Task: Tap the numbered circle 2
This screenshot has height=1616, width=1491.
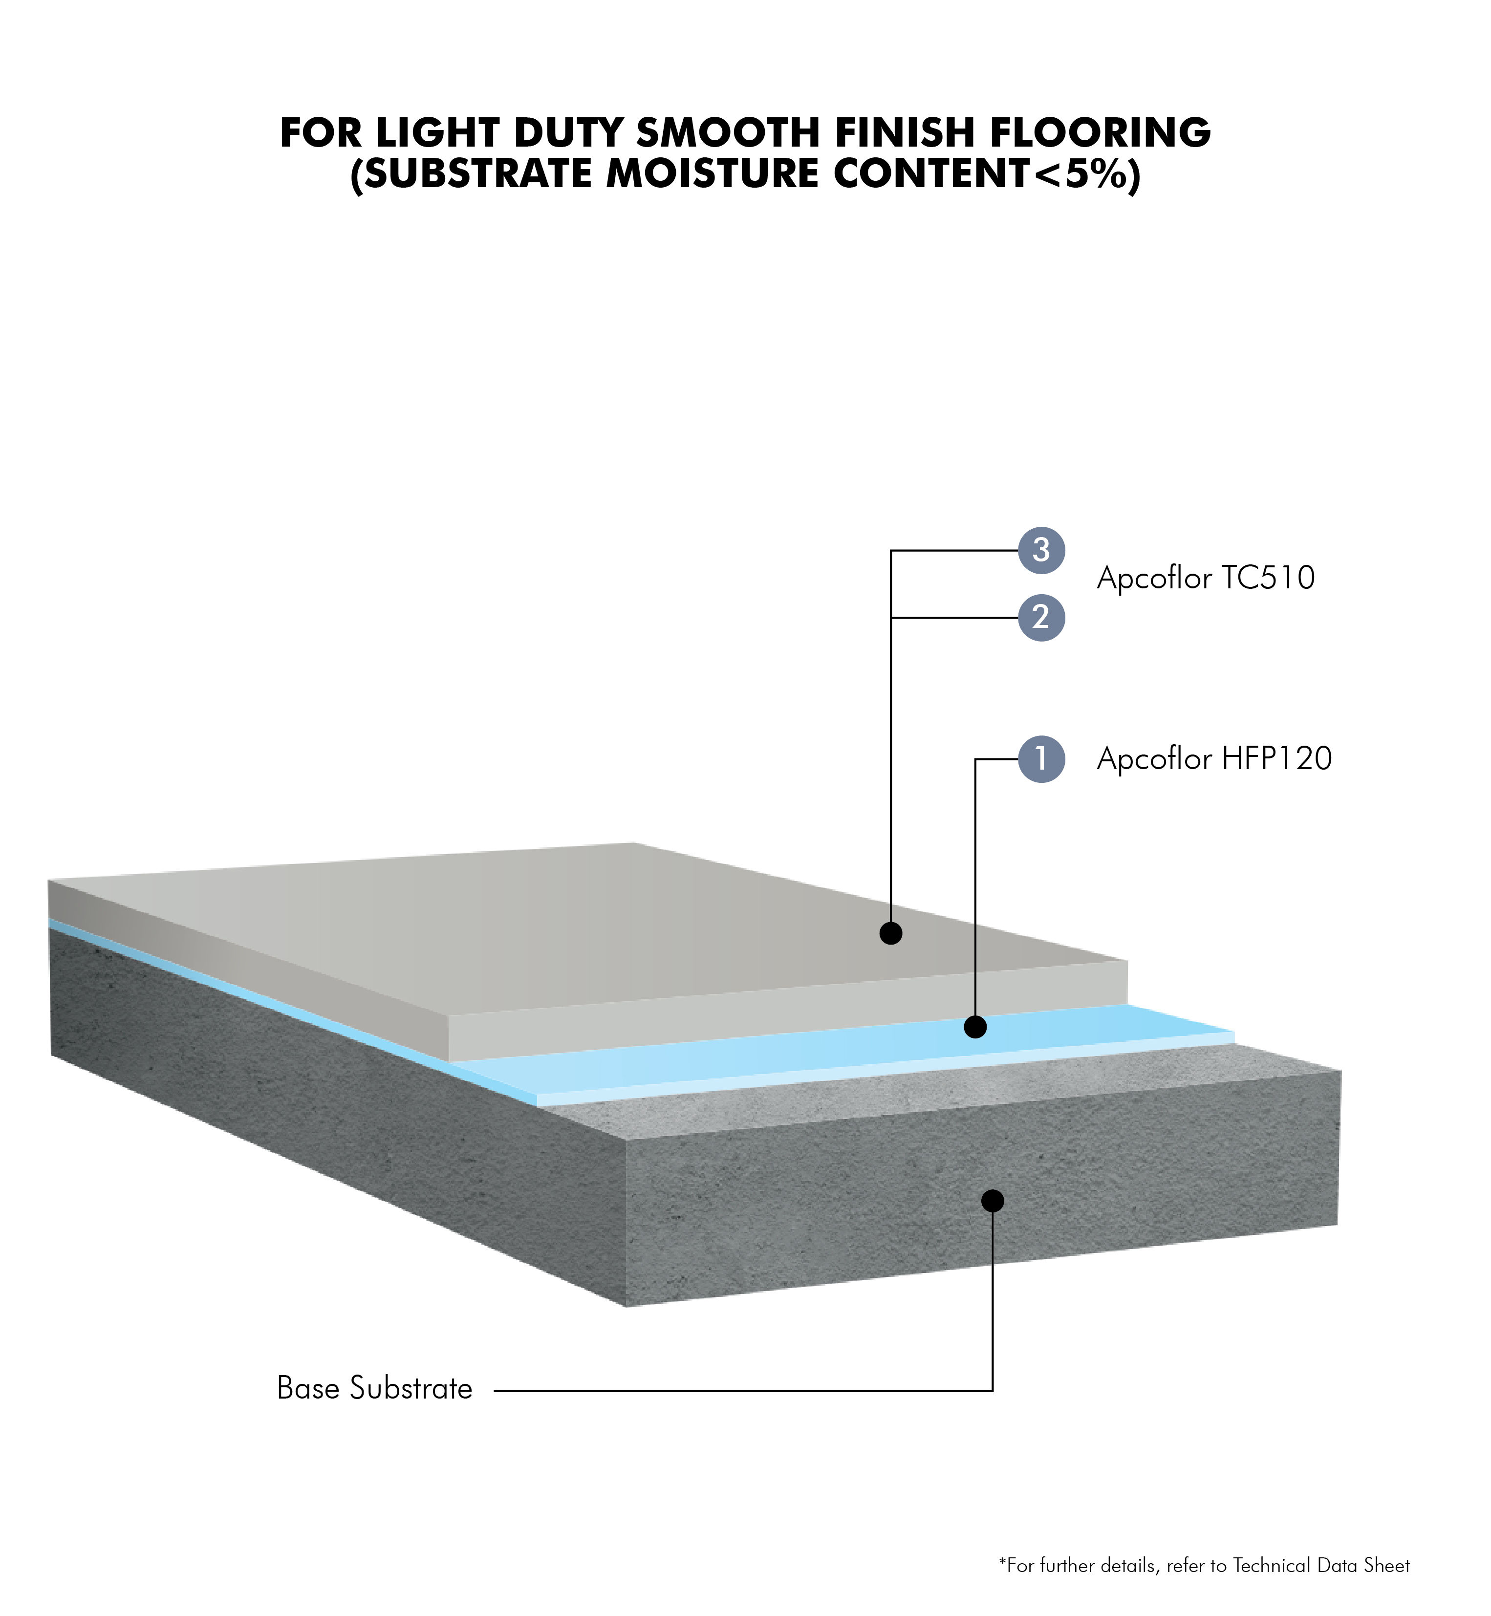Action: tap(1041, 618)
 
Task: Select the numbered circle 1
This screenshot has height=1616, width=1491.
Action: tap(1041, 759)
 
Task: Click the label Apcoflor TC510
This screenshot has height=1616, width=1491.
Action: tap(1206, 579)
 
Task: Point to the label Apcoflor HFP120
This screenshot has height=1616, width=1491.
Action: tap(1214, 759)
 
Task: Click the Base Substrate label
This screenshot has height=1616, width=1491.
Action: tap(374, 1388)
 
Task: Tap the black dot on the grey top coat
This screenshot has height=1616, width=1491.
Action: tap(891, 933)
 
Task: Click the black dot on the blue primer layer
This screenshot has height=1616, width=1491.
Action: tap(975, 1027)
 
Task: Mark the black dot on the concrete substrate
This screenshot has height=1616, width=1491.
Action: tap(993, 1201)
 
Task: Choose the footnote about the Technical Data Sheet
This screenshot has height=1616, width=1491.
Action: tap(1205, 1566)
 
